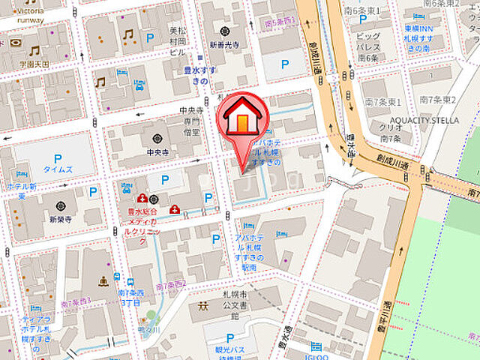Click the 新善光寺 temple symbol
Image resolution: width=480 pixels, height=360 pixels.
coord(226,31)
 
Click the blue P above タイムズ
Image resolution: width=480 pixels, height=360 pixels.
coord(57,158)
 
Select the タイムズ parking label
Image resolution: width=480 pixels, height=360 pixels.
coord(58,169)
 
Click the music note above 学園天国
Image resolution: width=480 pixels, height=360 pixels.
coord(34,50)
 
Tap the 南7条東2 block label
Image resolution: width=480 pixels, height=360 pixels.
coord(438,100)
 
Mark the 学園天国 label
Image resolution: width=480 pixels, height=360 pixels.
coord(34,64)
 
